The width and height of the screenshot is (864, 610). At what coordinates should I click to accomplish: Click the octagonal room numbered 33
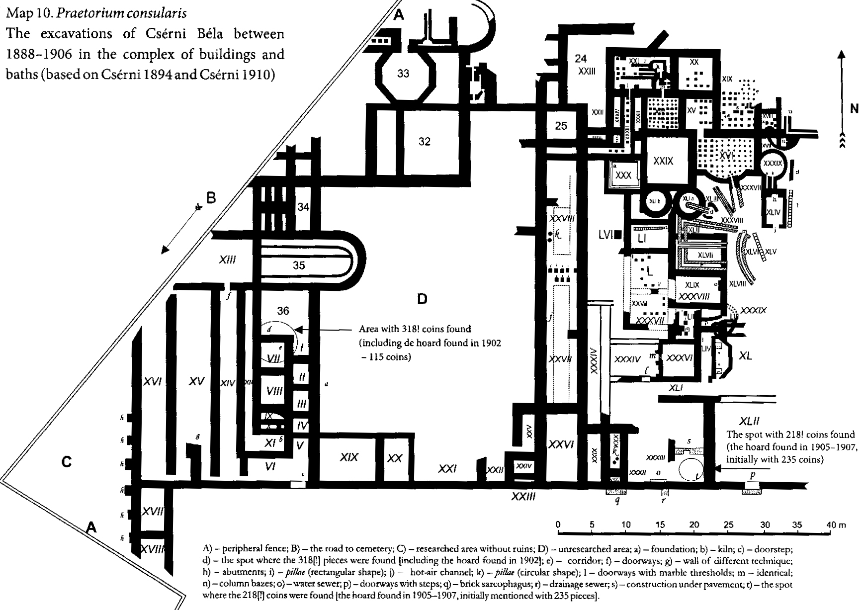[403, 74]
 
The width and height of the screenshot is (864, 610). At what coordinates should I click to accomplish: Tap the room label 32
[424, 142]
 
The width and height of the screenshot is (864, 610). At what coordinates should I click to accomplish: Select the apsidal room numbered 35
[299, 265]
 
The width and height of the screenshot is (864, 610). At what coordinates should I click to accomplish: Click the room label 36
[283, 311]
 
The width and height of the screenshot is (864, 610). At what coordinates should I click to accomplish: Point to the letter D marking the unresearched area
[422, 299]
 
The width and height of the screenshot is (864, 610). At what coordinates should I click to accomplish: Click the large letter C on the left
[66, 462]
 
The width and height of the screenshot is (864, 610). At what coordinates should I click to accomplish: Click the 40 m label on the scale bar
[835, 525]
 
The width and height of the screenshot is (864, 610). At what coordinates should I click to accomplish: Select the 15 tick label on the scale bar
[660, 525]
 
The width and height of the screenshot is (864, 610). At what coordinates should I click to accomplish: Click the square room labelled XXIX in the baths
[664, 161]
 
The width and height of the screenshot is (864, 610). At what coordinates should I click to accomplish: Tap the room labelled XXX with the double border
[623, 175]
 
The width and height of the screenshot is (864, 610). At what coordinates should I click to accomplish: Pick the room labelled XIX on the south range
[349, 457]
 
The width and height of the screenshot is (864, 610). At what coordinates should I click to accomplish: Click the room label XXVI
[561, 444]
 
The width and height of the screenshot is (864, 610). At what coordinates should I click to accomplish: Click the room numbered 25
[561, 126]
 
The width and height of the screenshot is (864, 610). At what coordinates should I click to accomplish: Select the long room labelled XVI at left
[153, 381]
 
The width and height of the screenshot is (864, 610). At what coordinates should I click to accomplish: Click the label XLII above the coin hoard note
[749, 421]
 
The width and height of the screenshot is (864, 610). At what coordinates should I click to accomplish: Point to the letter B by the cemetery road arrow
[211, 198]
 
